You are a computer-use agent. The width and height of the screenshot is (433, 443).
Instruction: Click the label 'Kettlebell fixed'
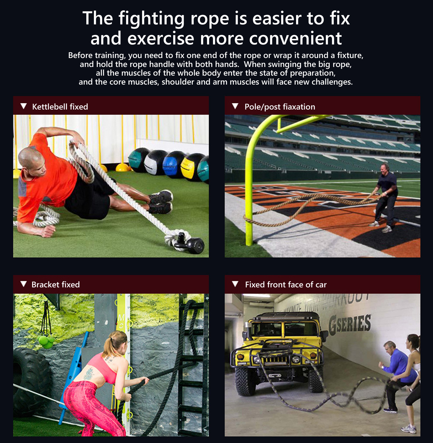pyautogui.click(x=60, y=107)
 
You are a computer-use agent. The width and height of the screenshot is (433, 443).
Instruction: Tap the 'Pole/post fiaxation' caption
pyautogui.click(x=280, y=107)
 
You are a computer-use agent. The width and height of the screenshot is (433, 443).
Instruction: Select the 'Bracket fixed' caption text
pyautogui.click(x=55, y=284)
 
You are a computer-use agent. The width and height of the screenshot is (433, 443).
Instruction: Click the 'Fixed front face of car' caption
pyautogui.click(x=286, y=284)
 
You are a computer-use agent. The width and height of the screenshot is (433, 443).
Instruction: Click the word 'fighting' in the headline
pyautogui.click(x=152, y=19)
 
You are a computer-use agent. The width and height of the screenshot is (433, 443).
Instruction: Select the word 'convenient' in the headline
pyautogui.click(x=295, y=38)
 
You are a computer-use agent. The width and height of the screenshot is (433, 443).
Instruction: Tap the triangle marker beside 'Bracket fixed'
pyautogui.click(x=24, y=284)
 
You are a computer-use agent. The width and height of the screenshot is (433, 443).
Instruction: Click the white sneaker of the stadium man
pyautogui.click(x=387, y=229)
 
